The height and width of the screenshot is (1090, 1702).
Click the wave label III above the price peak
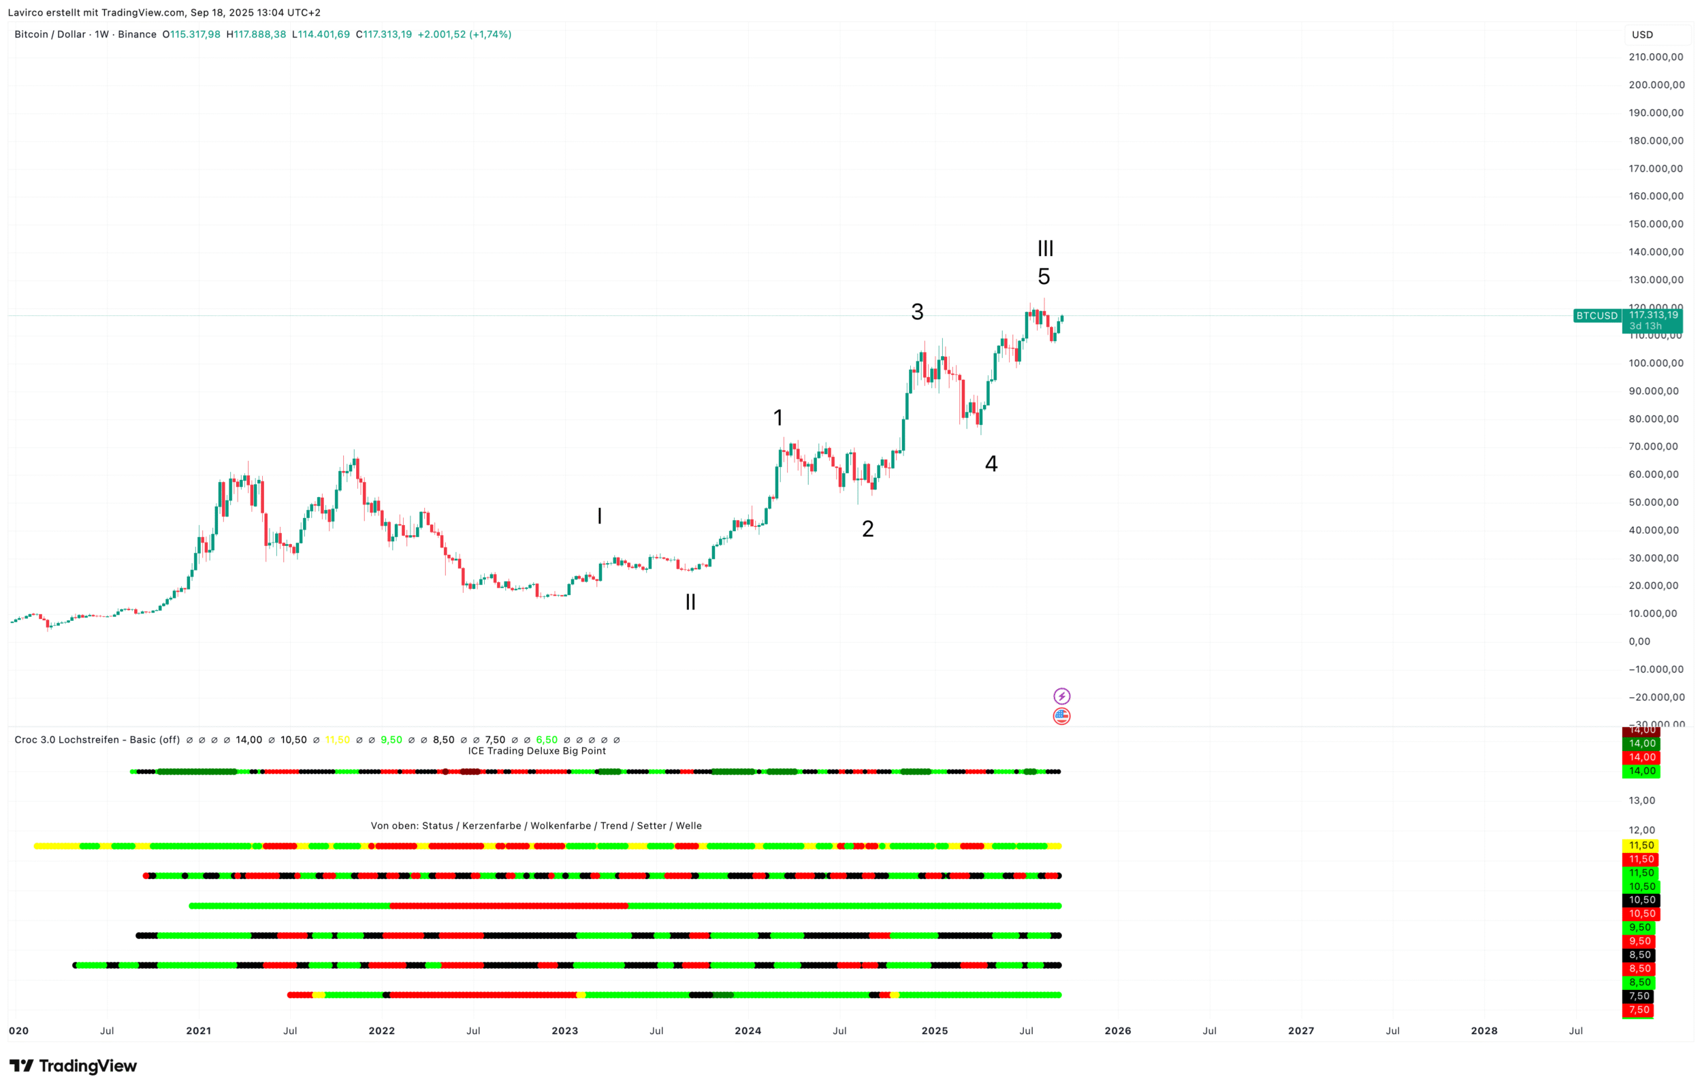[x=1044, y=249]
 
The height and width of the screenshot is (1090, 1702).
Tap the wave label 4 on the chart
[x=991, y=464]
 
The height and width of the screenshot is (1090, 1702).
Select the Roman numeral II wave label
[x=690, y=603]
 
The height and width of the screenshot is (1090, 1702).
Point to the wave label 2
[x=867, y=529]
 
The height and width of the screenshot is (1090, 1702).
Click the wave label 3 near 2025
[x=917, y=311]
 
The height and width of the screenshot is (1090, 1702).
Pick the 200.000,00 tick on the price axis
[x=1655, y=85]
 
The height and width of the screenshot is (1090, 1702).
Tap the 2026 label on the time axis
[x=1117, y=1031]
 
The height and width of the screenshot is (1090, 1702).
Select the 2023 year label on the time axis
[x=565, y=1031]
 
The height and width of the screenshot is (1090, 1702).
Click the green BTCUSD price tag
[x=1596, y=316]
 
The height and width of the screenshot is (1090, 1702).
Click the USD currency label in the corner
[x=1642, y=35]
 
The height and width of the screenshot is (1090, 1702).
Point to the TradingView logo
[x=73, y=1066]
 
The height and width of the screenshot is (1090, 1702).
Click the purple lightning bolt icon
[x=1061, y=696]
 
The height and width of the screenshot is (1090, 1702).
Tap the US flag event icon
[x=1061, y=716]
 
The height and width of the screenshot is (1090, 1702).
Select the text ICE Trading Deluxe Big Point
[x=536, y=751]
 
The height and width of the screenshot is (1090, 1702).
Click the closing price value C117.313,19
[x=383, y=34]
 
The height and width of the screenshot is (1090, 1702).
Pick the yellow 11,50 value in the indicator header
[x=338, y=739]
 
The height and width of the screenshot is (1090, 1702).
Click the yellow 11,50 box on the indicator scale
[x=1641, y=846]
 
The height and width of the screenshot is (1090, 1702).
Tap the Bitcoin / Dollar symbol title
[x=50, y=34]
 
